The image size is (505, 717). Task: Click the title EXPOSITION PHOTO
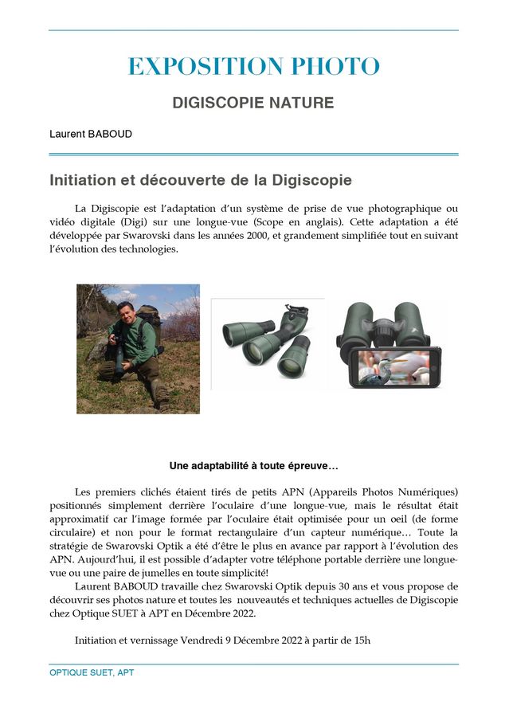point(253,67)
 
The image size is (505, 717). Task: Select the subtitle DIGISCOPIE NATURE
point(253,104)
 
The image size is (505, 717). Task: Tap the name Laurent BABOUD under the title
point(91,134)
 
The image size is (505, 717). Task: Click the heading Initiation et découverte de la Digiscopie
point(201,180)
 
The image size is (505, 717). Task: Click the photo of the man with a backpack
point(138,349)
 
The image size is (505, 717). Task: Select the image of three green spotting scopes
point(267,343)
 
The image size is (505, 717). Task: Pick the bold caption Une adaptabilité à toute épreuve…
point(253,465)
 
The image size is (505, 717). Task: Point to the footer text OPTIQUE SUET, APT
point(92,673)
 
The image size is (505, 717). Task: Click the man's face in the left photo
point(125,309)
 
